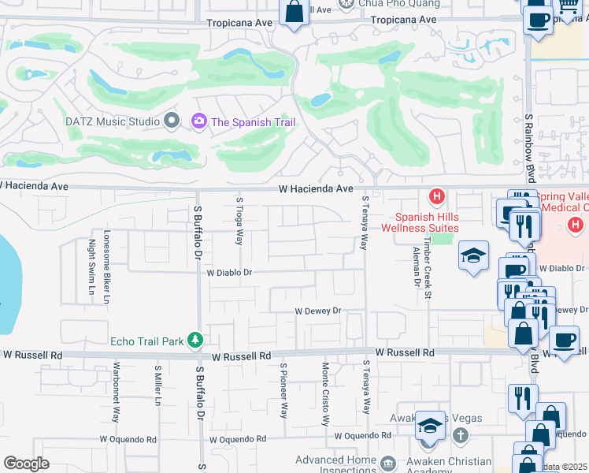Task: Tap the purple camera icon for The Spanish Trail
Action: pyautogui.click(x=198, y=121)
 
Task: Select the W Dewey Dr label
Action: pyautogui.click(x=317, y=311)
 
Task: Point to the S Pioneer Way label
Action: pyautogui.click(x=283, y=390)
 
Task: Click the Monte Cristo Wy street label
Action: pyautogui.click(x=325, y=394)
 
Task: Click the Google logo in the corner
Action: pyautogui.click(x=26, y=464)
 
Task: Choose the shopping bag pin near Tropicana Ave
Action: pyautogui.click(x=294, y=12)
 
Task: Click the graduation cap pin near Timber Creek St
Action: pyautogui.click(x=473, y=255)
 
